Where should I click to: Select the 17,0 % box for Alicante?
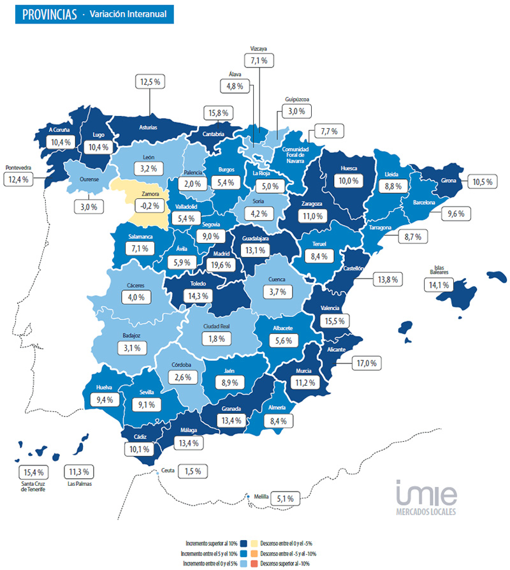pyautogui.click(x=367, y=363)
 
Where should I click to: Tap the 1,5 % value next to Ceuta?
pyautogui.click(x=193, y=471)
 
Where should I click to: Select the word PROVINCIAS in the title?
pyautogui.click(x=45, y=13)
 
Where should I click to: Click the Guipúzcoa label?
pyautogui.click(x=297, y=99)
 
